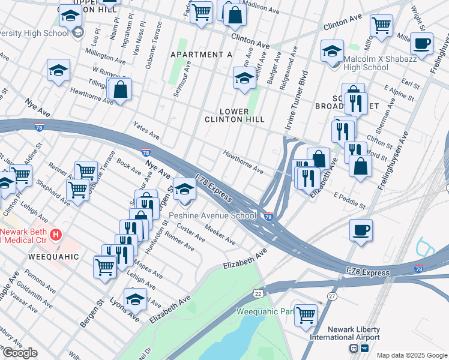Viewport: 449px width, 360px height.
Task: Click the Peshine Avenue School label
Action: click(x=212, y=216)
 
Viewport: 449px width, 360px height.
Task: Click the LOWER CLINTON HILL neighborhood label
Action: click(x=243, y=115)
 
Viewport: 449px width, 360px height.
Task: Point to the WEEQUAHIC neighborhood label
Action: click(x=53, y=256)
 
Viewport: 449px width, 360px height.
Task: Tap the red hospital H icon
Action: click(x=56, y=233)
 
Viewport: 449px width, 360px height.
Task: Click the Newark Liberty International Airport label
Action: click(x=354, y=334)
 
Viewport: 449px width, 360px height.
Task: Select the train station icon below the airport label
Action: click(x=354, y=349)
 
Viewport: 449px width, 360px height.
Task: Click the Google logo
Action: click(x=19, y=353)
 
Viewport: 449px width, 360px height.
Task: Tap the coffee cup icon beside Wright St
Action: click(x=422, y=44)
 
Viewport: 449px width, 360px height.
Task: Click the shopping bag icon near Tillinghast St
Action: click(x=121, y=90)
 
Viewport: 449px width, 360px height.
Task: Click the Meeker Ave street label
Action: click(x=220, y=234)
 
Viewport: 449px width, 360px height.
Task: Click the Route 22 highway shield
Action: click(x=258, y=293)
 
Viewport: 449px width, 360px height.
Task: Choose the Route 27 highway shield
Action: click(x=332, y=296)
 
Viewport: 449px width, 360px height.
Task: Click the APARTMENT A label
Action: click(x=201, y=55)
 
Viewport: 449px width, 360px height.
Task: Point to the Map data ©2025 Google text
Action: click(x=411, y=355)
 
